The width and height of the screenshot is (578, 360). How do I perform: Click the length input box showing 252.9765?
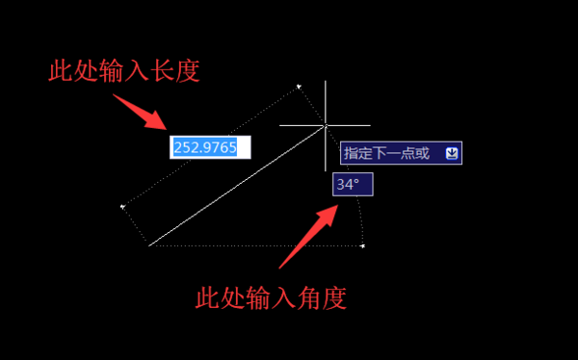(x=210, y=147)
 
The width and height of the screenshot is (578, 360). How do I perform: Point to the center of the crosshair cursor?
(x=326, y=125)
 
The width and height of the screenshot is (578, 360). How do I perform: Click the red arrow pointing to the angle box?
(x=306, y=236)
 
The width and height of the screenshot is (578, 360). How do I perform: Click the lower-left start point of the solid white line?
(x=150, y=245)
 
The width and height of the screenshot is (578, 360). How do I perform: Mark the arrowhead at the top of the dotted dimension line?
(x=300, y=87)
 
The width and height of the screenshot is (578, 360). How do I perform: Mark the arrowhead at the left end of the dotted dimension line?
(x=122, y=206)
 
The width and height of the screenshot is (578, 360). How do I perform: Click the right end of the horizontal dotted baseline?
(x=362, y=245)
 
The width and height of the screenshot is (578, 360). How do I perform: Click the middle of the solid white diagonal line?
(x=238, y=186)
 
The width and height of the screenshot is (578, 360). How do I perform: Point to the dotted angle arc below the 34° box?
(x=357, y=217)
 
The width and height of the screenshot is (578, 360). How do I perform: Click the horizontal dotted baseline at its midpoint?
(x=256, y=245)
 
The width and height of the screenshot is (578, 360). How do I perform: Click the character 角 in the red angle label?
(x=296, y=297)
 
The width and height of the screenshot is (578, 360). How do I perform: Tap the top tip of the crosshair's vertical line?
(x=326, y=83)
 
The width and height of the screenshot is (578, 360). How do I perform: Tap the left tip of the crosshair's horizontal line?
(x=280, y=125)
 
